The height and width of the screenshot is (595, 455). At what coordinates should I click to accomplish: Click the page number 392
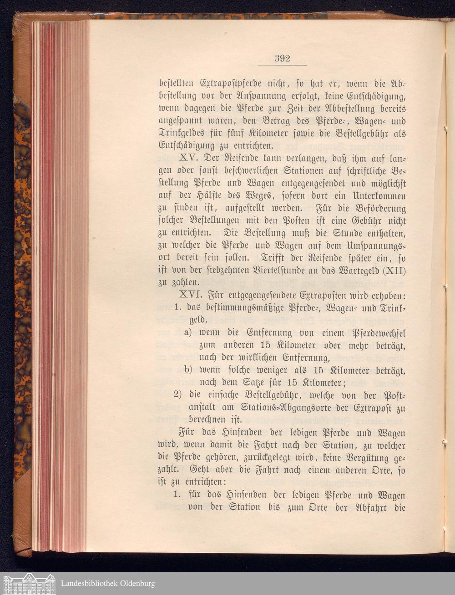tap(282, 58)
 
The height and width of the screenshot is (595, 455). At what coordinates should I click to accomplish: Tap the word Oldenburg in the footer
tap(135, 584)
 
